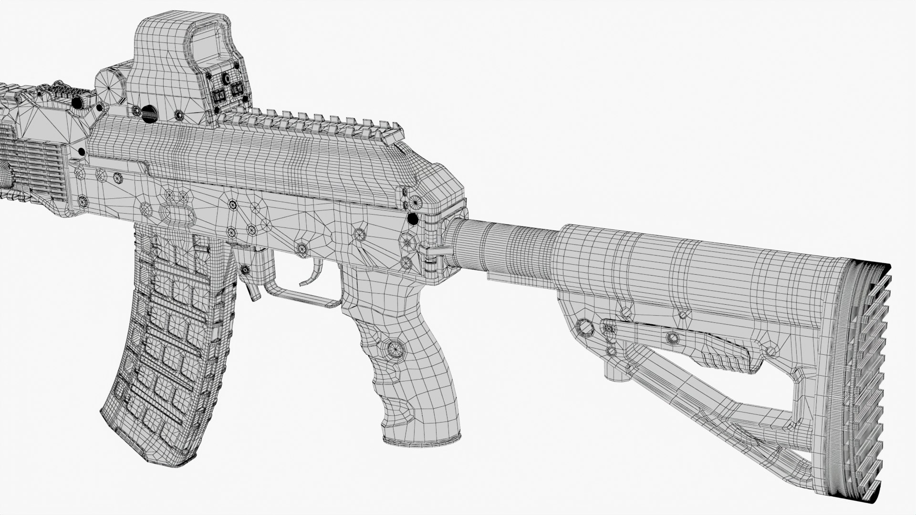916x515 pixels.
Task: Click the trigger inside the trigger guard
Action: [x=316, y=274]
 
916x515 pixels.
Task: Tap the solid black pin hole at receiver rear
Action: [x=412, y=219]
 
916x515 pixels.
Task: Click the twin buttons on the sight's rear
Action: [x=228, y=93]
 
